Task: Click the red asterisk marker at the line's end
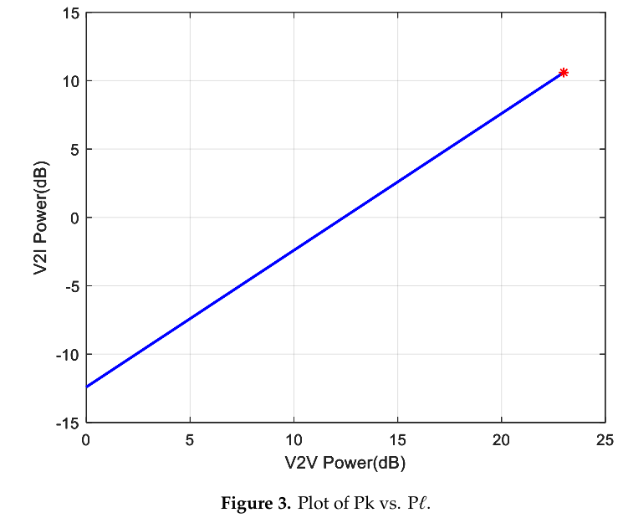(x=564, y=73)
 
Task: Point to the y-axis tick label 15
(x=69, y=13)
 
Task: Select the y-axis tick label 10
(x=69, y=81)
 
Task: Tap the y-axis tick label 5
(x=74, y=150)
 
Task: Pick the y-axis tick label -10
(x=68, y=354)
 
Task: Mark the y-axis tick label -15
(x=68, y=423)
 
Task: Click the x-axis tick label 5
(x=190, y=440)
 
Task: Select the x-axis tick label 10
(x=294, y=440)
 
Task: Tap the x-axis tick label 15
(x=397, y=440)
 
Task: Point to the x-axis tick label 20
(x=501, y=440)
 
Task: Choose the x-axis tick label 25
(x=605, y=440)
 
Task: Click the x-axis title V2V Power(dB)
(x=345, y=461)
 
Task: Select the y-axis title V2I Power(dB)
(x=40, y=218)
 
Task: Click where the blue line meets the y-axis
(x=86, y=387)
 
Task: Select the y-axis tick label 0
(x=74, y=218)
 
